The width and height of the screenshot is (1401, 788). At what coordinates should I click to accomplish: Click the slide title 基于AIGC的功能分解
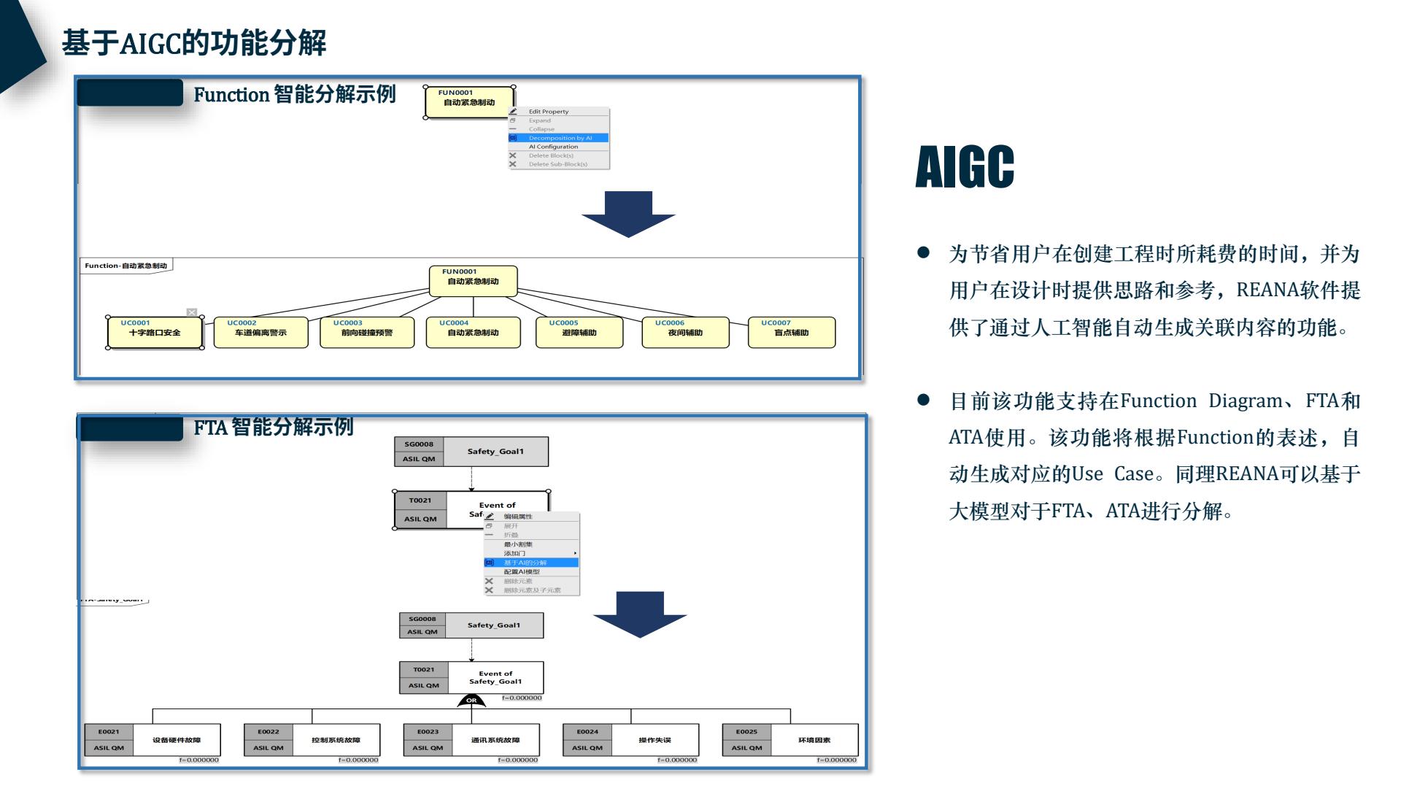click(193, 43)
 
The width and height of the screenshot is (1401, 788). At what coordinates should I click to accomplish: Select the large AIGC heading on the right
click(965, 167)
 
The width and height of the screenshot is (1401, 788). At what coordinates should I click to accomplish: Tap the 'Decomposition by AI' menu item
click(559, 138)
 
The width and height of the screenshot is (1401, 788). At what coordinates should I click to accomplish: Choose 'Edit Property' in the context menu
click(549, 112)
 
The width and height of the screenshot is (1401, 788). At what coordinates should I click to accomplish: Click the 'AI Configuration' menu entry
click(553, 147)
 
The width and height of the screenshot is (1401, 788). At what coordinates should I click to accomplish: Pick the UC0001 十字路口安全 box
click(155, 333)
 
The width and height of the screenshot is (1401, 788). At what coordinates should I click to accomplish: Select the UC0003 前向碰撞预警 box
click(367, 333)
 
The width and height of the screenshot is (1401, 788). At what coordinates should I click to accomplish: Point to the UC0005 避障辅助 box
click(579, 333)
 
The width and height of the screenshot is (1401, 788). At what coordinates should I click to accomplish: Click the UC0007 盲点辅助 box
click(792, 333)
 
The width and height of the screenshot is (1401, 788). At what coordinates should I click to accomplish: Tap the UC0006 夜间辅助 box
click(685, 333)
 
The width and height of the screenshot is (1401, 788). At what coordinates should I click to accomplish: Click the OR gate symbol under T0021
click(471, 701)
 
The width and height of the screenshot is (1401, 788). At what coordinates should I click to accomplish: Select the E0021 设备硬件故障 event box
click(153, 740)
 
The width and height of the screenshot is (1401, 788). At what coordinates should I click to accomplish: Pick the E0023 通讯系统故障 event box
click(471, 740)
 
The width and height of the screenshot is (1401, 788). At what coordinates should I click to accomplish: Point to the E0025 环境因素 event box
click(790, 740)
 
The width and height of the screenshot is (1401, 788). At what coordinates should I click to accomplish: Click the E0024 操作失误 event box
click(630, 740)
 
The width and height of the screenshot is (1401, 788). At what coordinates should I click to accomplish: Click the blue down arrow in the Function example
click(628, 215)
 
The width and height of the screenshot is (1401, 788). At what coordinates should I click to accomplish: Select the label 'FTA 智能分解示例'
click(274, 427)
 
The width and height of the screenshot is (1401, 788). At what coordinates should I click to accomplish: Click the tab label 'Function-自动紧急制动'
click(126, 266)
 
